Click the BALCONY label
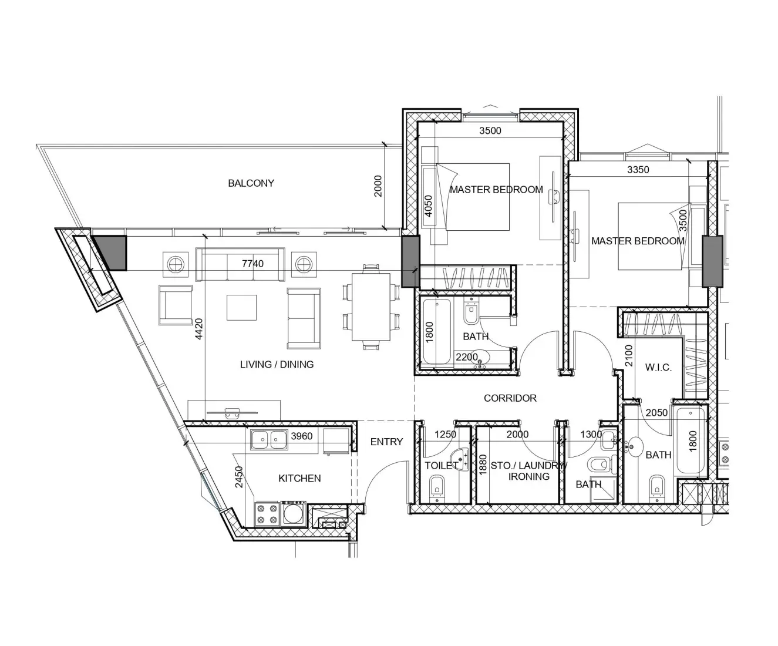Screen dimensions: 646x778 click(251, 183)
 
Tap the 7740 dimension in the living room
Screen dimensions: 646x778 click(252, 264)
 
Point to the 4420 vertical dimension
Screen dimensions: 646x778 click(199, 329)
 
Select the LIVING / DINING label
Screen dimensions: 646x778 click(277, 365)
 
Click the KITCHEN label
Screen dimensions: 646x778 click(299, 479)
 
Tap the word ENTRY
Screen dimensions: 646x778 click(386, 442)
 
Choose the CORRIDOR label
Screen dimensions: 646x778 click(510, 398)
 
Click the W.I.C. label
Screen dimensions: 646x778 click(658, 368)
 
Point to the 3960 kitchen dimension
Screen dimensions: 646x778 click(302, 436)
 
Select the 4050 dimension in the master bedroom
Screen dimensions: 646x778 click(428, 206)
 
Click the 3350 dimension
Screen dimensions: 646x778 click(638, 170)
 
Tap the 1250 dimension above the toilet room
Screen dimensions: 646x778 click(445, 435)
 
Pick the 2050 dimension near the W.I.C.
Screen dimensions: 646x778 click(656, 413)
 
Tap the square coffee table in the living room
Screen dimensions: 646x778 click(241, 307)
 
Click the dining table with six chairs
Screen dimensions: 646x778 click(371, 307)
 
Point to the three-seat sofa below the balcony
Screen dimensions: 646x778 click(240, 263)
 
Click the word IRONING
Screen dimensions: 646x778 click(528, 476)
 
